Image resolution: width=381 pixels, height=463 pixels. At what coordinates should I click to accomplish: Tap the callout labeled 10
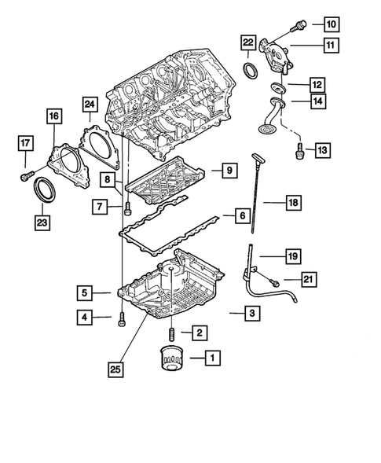click(x=330, y=24)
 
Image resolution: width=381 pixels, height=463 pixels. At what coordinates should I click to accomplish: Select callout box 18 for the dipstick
click(x=292, y=204)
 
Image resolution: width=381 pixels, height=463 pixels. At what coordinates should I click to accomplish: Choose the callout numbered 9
click(x=227, y=169)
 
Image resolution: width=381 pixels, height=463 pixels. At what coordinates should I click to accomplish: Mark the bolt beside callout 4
click(x=121, y=318)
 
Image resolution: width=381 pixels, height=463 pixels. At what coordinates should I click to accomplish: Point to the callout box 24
click(x=90, y=105)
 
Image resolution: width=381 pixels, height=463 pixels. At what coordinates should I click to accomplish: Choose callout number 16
click(x=53, y=118)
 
